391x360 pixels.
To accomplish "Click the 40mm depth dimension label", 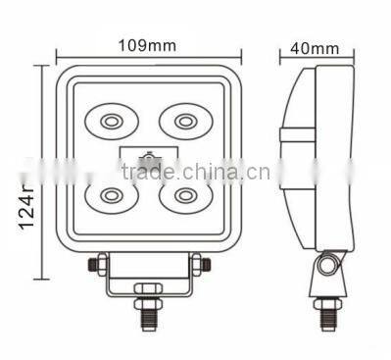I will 314,47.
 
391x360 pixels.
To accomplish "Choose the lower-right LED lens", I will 185,193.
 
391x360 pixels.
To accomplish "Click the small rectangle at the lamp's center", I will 147,157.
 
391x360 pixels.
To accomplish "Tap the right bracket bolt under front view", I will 196,264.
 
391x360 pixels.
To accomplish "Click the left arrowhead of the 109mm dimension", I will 59,56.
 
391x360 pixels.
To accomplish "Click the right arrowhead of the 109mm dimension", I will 236,56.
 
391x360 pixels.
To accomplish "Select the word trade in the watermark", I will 146,175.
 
